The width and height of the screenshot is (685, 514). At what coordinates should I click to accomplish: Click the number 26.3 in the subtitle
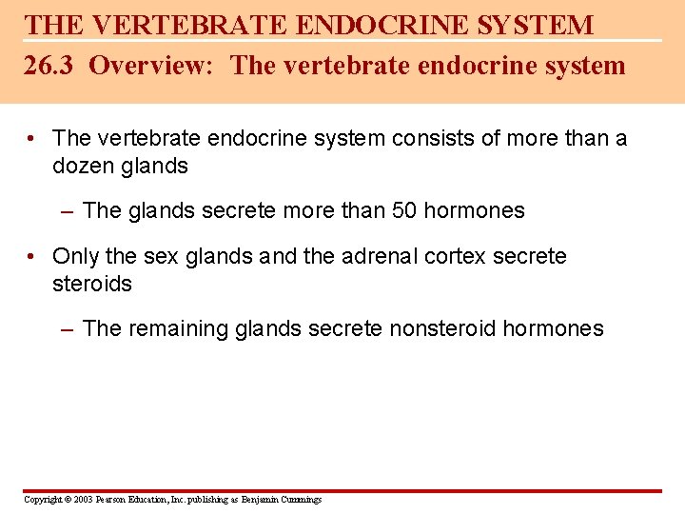(x=51, y=66)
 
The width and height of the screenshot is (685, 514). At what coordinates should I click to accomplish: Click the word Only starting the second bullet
(x=75, y=257)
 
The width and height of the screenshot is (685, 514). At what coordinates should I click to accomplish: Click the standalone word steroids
(x=92, y=284)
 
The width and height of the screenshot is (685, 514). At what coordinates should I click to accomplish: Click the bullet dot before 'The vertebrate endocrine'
(x=33, y=139)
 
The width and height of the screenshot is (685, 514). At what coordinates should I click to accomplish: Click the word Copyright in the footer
(x=41, y=500)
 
